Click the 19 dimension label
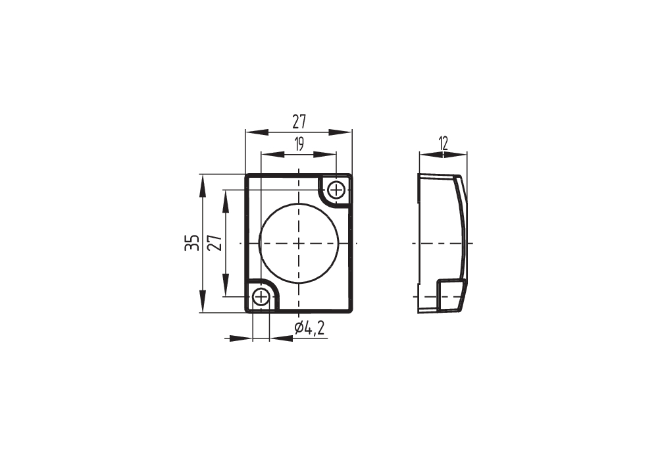(299, 144)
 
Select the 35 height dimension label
(191, 243)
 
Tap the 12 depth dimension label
(443, 144)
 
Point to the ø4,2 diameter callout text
(310, 328)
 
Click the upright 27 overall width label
(299, 122)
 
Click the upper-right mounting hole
(336, 190)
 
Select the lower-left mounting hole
(261, 296)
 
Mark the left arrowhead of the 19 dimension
(272, 155)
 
